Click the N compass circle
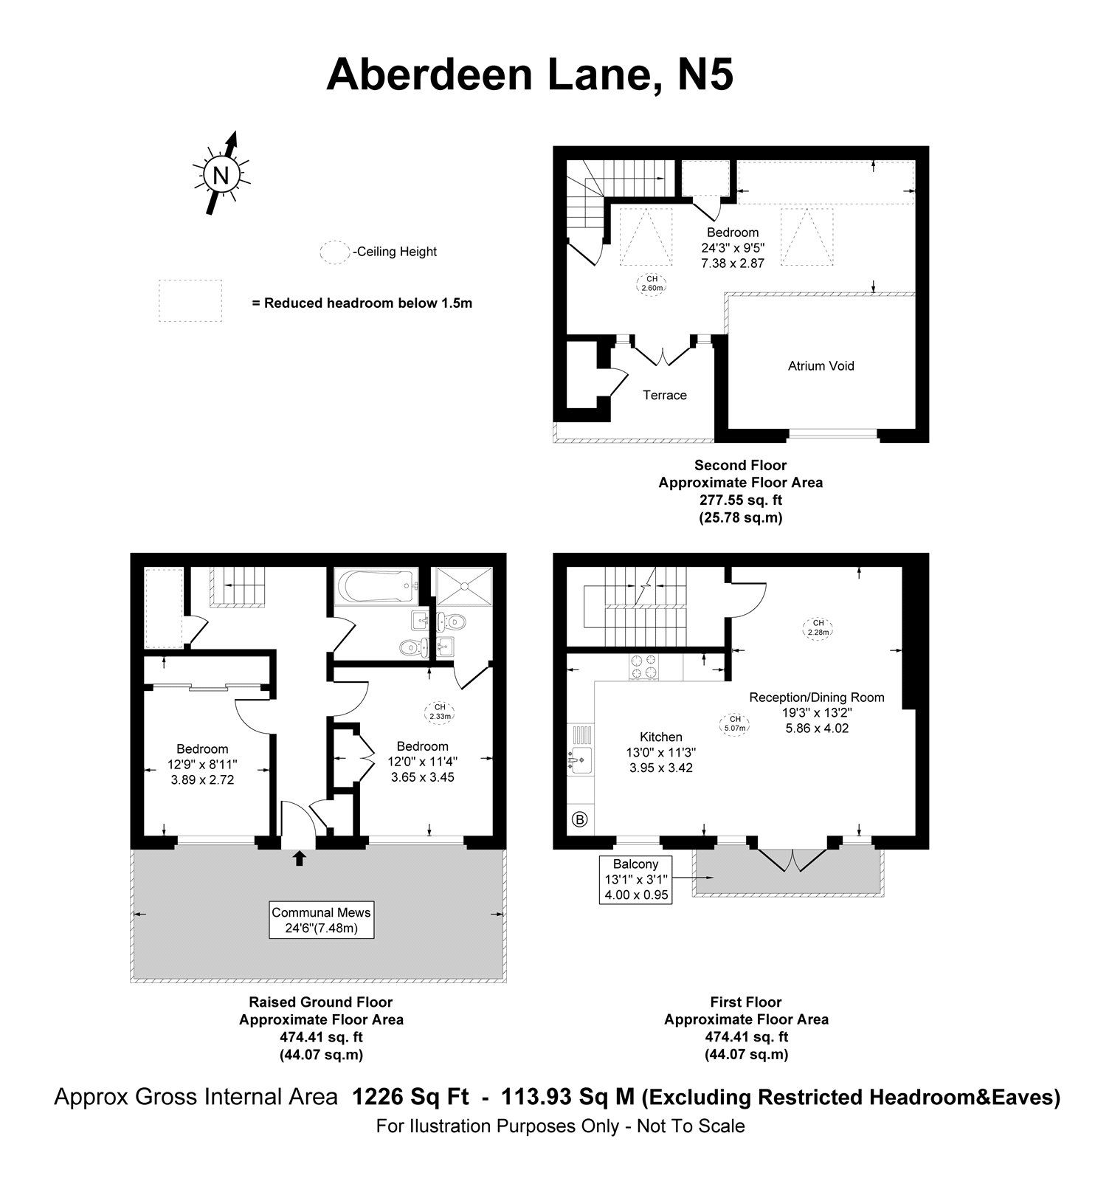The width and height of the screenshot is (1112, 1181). click(220, 176)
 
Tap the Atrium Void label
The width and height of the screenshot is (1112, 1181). click(821, 366)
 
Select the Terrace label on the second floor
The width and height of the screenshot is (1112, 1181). click(664, 396)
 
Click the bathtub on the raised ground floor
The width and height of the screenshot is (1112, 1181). click(376, 586)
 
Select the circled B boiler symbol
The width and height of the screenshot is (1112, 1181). click(580, 819)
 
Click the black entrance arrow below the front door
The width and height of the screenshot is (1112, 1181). click(299, 857)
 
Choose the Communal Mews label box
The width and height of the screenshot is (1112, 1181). click(321, 920)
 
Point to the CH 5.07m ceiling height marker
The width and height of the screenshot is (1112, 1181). click(735, 723)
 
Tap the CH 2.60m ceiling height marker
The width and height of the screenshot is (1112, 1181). click(652, 283)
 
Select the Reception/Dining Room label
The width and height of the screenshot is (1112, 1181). click(816, 698)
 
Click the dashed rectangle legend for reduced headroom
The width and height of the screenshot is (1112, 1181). click(190, 300)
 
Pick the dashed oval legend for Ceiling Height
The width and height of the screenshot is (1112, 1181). click(335, 252)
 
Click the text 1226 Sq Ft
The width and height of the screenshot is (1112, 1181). click(410, 1098)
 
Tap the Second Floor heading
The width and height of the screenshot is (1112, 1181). click(740, 466)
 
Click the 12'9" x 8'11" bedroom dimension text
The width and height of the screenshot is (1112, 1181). click(202, 764)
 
